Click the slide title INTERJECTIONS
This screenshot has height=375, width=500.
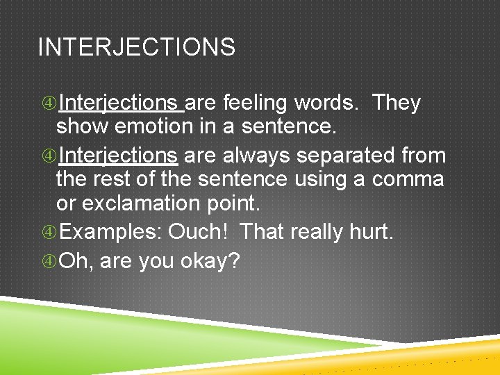point(136,47)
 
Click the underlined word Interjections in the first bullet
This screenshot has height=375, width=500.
point(119,103)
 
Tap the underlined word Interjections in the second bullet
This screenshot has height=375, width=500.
point(119,154)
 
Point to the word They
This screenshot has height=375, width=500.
point(397,103)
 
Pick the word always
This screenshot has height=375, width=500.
point(247,154)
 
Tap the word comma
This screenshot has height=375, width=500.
point(408,179)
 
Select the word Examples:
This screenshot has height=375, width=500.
point(111,231)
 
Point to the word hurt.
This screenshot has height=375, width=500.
point(371,231)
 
